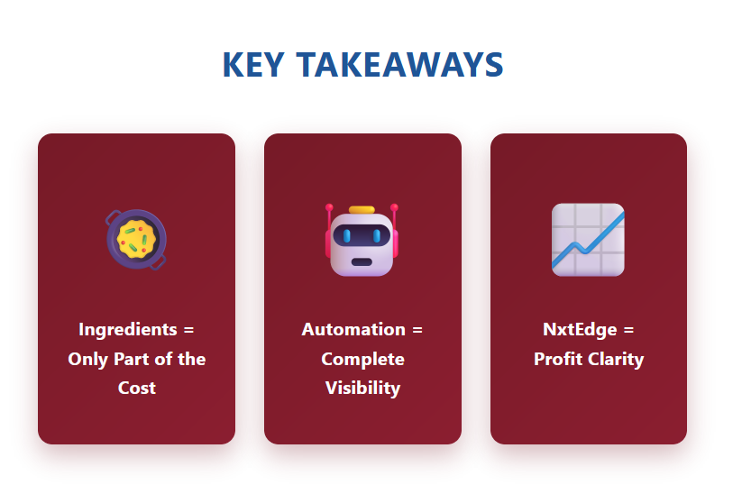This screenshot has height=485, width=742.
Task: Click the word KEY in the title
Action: [253, 65]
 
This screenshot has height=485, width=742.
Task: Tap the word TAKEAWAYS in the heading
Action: [400, 65]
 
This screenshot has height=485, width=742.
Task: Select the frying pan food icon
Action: [136, 240]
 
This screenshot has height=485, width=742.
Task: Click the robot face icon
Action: [362, 240]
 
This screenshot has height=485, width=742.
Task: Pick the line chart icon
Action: [588, 240]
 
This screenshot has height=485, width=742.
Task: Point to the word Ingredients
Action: [128, 330]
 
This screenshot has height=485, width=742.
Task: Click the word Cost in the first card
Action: [137, 388]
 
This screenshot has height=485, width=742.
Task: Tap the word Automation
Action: [353, 329]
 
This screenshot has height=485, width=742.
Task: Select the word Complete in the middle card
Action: [363, 360]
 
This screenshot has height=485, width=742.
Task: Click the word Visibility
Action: [363, 389]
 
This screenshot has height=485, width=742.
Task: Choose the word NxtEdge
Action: [580, 330]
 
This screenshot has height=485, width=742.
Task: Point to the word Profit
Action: [558, 359]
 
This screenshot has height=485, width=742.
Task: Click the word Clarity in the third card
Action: [616, 360]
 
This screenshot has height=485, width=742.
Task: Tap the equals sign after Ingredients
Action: [188, 330]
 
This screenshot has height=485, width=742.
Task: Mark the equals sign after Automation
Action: [417, 330]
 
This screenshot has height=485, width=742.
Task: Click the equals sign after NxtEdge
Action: [628, 330]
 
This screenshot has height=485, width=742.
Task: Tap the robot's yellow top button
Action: [362, 210]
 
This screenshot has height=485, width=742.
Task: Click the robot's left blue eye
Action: [347, 235]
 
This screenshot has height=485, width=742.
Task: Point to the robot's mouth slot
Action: [362, 262]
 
